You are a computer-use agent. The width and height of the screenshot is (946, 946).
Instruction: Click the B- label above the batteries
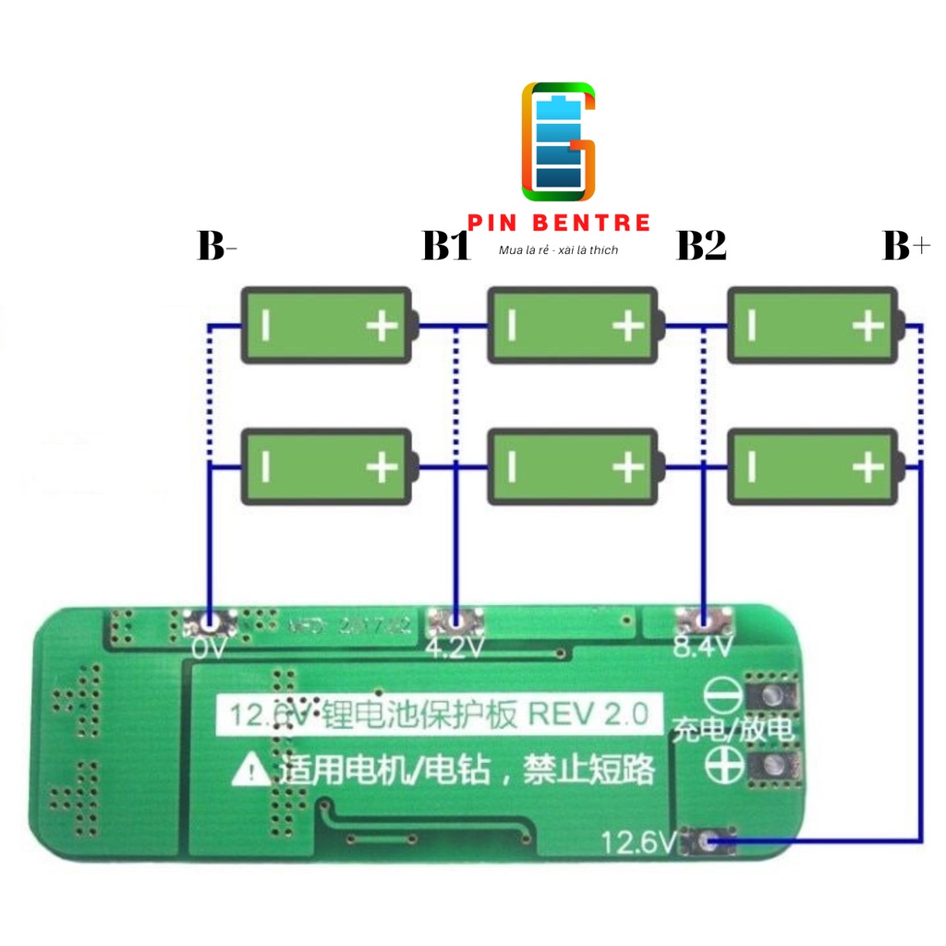[217, 247]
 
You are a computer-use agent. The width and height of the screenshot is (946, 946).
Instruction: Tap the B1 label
[446, 247]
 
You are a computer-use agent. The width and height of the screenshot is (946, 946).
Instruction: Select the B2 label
[701, 247]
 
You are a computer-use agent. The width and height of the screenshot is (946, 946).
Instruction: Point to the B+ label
[906, 247]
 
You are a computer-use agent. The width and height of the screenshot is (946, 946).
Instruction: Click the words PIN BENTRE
[559, 223]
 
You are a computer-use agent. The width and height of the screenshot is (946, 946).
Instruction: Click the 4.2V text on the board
[455, 648]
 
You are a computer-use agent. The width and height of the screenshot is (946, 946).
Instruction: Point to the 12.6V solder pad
[708, 840]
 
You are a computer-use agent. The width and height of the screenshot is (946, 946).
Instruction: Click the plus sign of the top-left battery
[382, 326]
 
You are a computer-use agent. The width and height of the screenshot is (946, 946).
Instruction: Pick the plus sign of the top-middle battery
[627, 326]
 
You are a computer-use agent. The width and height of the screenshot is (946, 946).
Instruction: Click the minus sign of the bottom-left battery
[265, 467]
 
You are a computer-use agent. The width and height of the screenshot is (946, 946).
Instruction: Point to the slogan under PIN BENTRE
[558, 250]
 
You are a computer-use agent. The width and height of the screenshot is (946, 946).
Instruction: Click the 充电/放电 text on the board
[734, 730]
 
